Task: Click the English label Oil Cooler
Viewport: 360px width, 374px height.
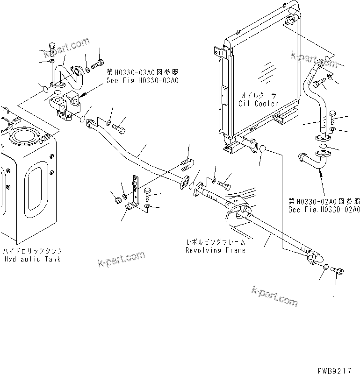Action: pos(259,104)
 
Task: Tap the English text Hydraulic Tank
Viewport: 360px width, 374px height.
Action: pos(32,259)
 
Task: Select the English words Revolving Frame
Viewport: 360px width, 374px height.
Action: pos(215,250)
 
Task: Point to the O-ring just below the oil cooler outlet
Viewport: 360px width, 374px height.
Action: pos(263,149)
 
